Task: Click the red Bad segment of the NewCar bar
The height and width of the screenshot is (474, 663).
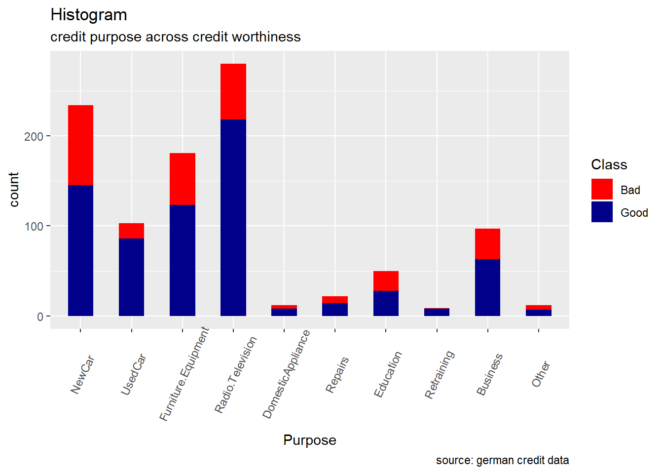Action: tap(80, 145)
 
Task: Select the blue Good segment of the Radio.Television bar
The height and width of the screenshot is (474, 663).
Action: tap(233, 217)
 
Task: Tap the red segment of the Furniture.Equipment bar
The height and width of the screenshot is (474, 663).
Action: tap(183, 179)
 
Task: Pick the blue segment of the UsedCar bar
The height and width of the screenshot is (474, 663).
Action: tap(132, 277)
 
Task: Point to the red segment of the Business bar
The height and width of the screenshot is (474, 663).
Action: tap(487, 244)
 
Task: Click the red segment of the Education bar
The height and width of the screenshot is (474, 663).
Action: tap(386, 281)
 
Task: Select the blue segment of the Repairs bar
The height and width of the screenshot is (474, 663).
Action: tap(335, 310)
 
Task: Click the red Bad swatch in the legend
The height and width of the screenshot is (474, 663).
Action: tap(602, 190)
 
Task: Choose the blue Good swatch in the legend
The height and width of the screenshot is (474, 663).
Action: tap(602, 212)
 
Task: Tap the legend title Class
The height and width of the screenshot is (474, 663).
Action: tap(609, 165)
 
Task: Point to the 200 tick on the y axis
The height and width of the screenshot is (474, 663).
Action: tap(34, 136)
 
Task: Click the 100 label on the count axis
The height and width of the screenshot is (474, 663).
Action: tap(34, 227)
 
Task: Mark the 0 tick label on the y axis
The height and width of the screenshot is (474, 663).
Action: tap(40, 317)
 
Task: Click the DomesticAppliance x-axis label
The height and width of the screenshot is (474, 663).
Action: tap(286, 374)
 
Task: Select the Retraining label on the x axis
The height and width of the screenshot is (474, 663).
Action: tap(439, 374)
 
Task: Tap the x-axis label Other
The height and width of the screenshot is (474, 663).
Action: tap(541, 374)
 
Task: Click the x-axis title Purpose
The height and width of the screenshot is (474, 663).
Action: tap(310, 440)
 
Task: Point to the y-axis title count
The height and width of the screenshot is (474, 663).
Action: tap(14, 190)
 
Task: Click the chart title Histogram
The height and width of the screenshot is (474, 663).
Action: tap(89, 15)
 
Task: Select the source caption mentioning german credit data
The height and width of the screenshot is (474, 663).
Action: tap(502, 461)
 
